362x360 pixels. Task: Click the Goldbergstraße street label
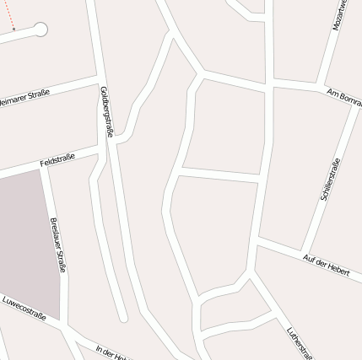pyautogui.click(x=107, y=111)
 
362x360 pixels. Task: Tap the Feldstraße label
pyautogui.click(x=57, y=159)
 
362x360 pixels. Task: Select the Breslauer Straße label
pyautogui.click(x=57, y=244)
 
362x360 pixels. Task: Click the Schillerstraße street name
pyautogui.click(x=330, y=180)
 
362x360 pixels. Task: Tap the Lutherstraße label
pyautogui.click(x=300, y=341)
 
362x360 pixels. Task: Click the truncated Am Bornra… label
pyautogui.click(x=343, y=95)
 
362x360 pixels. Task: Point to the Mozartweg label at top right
pyautogui.click(x=340, y=15)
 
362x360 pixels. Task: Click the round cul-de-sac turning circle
pyautogui.click(x=39, y=30)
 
